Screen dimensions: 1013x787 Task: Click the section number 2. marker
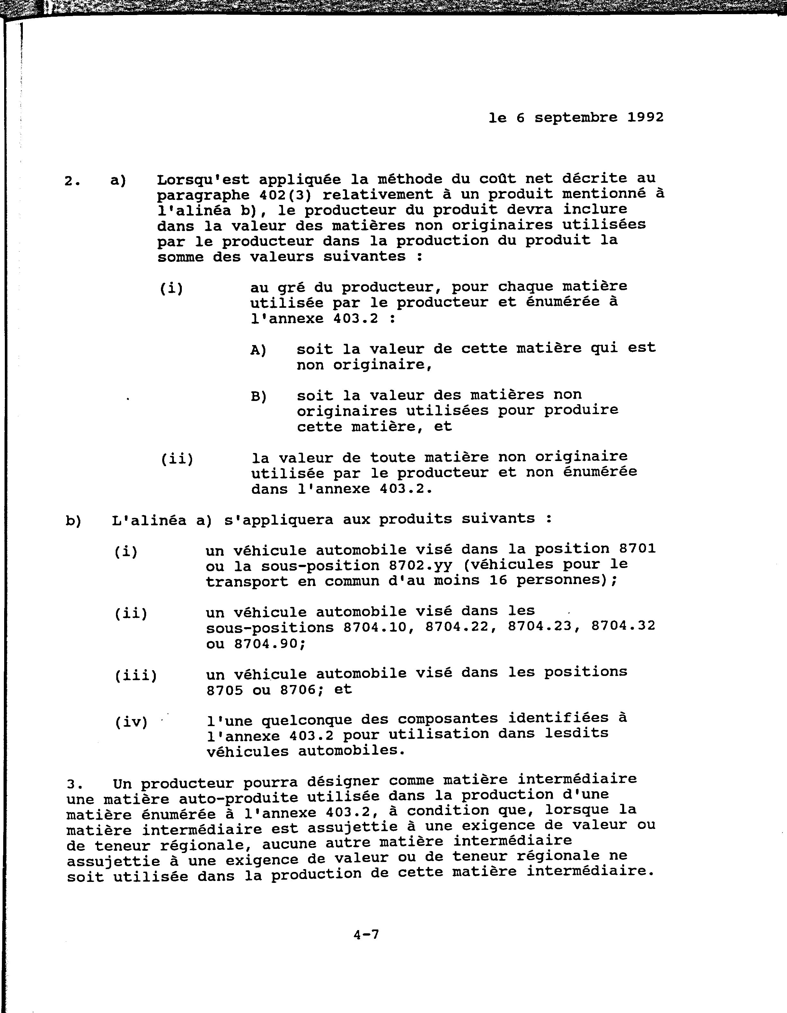coord(72,181)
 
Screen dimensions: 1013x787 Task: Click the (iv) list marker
coord(131,722)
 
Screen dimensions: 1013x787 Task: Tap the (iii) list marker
coord(136,675)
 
